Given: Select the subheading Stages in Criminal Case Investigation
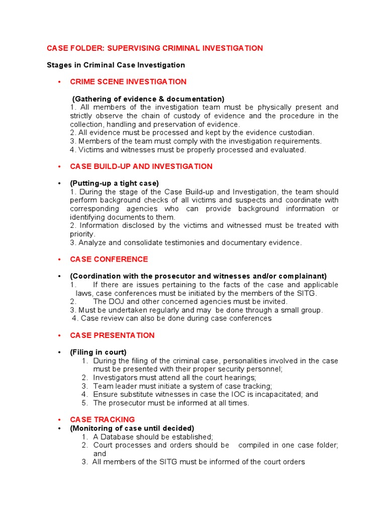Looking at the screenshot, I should [116, 65].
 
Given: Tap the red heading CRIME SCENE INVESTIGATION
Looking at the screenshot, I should [128, 81].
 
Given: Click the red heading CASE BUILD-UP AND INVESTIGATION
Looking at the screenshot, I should [141, 166].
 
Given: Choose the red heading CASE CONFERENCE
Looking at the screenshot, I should [109, 260].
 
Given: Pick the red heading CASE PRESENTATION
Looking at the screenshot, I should [113, 335].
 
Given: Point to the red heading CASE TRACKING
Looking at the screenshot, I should [103, 419].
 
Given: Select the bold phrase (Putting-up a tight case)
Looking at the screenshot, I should [115, 184].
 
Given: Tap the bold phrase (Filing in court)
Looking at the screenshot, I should [99, 352].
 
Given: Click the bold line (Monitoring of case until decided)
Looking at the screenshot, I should [132, 428].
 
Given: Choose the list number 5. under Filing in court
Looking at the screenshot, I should [85, 403].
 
